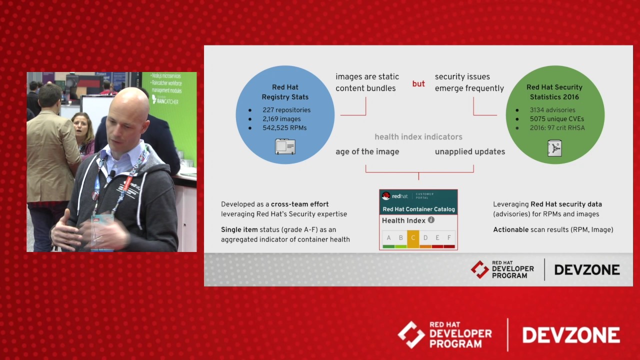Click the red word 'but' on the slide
pyautogui.click(x=418, y=84)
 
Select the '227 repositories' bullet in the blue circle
pyautogui.click(x=286, y=110)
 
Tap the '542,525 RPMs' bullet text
pyautogui.click(x=284, y=128)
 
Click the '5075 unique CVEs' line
pyautogui.click(x=556, y=119)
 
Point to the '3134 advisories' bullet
pyautogui.click(x=552, y=110)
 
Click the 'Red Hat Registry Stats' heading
pyautogui.click(x=285, y=92)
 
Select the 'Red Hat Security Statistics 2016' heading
pyautogui.click(x=554, y=92)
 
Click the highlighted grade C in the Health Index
pyautogui.click(x=413, y=238)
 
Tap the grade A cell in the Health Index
pyautogui.click(x=388, y=238)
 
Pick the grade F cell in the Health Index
pyautogui.click(x=449, y=238)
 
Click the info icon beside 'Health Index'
pyautogui.click(x=431, y=220)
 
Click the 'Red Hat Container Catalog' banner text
pyautogui.click(x=418, y=209)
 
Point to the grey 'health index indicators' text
pyautogui.click(x=418, y=136)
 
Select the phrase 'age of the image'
pyautogui.click(x=367, y=151)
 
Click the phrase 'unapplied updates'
pyautogui.click(x=469, y=151)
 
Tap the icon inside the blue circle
pyautogui.click(x=285, y=146)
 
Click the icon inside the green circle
pyautogui.click(x=554, y=148)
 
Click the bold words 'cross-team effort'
pyautogui.click(x=299, y=204)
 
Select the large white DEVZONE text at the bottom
pyautogui.click(x=571, y=335)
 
